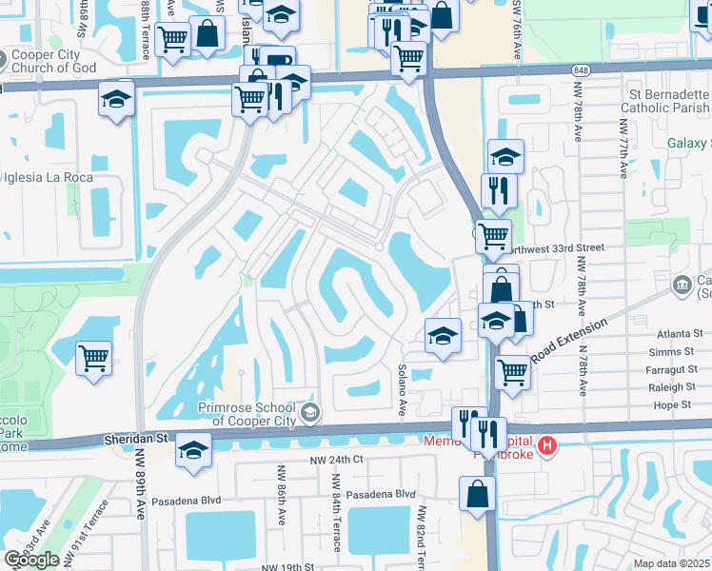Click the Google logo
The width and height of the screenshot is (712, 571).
click(31, 560)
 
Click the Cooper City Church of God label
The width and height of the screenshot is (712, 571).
click(58, 62)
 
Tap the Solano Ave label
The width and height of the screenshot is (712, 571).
click(403, 389)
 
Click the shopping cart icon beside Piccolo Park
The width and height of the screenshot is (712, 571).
click(93, 360)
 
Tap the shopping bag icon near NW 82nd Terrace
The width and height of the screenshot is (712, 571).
click(477, 494)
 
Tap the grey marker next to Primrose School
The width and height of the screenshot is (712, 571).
click(309, 413)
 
